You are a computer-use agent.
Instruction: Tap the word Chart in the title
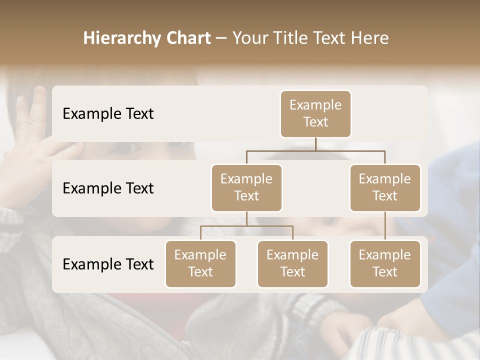click(x=188, y=38)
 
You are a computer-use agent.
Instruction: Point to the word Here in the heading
click(x=370, y=38)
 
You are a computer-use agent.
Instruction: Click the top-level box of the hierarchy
click(x=315, y=114)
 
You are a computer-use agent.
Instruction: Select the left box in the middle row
click(x=246, y=188)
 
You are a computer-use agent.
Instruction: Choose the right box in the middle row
click(x=385, y=188)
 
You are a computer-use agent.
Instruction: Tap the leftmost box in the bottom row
click(x=200, y=264)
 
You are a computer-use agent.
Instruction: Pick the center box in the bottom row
click(x=292, y=264)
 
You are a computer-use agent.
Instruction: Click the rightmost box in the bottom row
click(x=385, y=264)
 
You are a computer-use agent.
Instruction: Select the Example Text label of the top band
click(x=108, y=114)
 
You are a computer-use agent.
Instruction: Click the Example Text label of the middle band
click(x=108, y=188)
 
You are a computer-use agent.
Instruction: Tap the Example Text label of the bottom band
click(x=108, y=264)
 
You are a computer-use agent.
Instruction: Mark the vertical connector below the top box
click(x=315, y=144)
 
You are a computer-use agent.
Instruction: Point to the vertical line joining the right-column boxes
click(x=385, y=226)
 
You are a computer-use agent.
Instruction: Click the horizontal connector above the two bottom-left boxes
click(x=246, y=226)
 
